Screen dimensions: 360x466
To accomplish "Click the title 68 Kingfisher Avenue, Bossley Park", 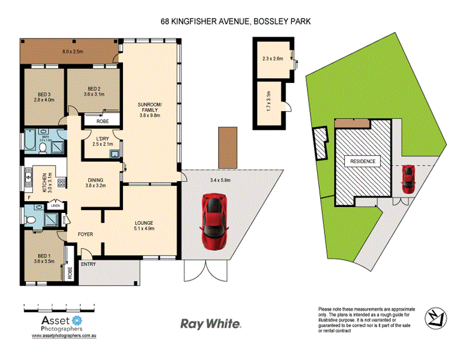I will coord(235,21).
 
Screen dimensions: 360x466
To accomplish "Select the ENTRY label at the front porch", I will coord(88,265).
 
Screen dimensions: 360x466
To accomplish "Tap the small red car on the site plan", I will coord(408,179).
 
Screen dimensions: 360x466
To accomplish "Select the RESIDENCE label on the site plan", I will coord(360,161).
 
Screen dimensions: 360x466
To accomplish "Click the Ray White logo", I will coord(211,324).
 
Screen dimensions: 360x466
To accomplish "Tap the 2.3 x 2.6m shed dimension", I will coord(273,59).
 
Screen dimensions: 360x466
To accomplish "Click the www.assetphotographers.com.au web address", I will coord(64,337).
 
